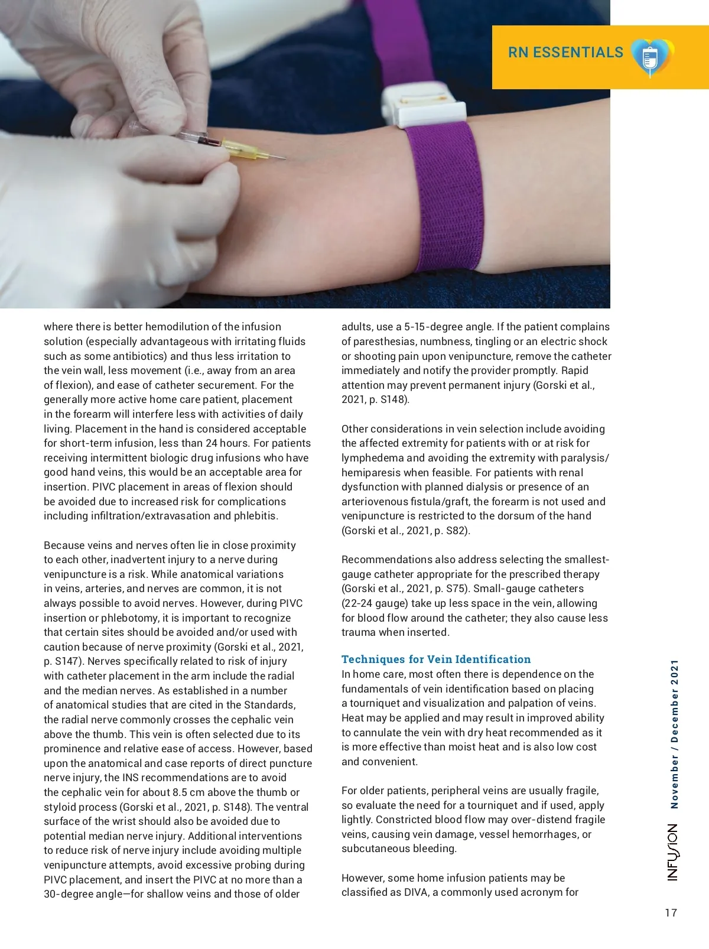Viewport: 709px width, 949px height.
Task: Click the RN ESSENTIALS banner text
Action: point(565,53)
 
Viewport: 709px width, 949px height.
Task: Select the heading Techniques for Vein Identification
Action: point(436,659)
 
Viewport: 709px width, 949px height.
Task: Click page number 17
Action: point(671,913)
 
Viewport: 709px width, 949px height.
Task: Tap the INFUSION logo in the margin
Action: point(673,852)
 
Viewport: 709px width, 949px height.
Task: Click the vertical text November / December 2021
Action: point(674,734)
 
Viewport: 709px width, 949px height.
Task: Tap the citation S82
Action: point(456,531)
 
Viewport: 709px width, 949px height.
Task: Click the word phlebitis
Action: point(255,516)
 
